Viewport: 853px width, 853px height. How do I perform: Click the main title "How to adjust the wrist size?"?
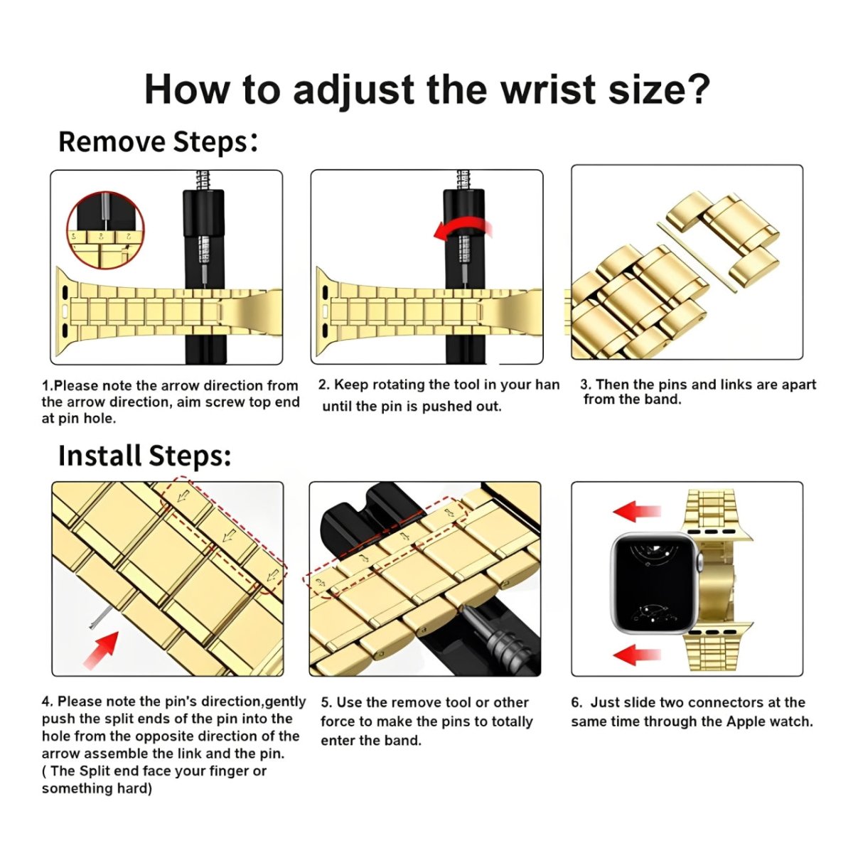point(426,90)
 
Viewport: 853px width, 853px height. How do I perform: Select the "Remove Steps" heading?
point(156,141)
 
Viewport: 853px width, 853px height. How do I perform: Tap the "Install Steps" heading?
point(144,456)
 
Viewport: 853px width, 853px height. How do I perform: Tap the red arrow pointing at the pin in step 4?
point(102,649)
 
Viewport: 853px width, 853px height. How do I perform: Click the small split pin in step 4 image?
point(95,623)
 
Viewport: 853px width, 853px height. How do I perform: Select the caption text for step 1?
point(170,402)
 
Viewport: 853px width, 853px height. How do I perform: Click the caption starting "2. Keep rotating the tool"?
point(438,395)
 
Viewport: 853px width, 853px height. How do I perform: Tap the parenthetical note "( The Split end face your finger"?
point(154,771)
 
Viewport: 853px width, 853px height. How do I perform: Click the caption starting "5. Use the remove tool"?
point(426,721)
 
